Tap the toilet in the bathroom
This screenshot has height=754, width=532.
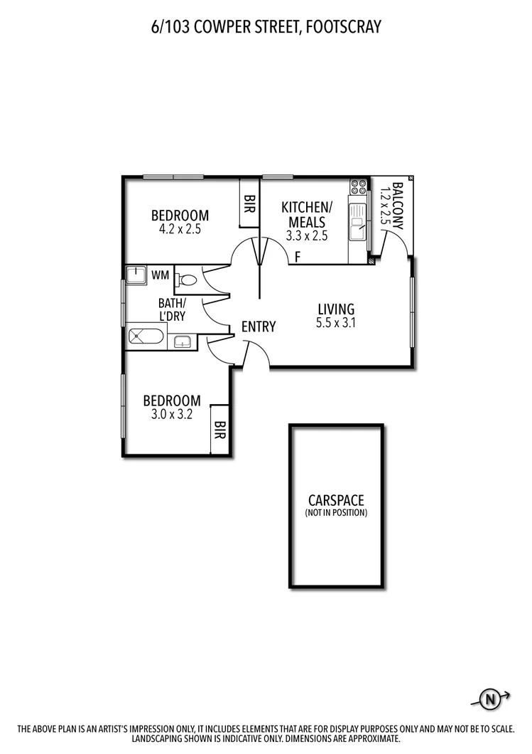pos(186,279)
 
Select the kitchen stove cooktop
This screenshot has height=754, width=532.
pos(359,187)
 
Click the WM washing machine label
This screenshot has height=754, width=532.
pos(160,275)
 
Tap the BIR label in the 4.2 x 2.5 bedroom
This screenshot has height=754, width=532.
pos(249,210)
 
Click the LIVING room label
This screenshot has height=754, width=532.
pos(335,309)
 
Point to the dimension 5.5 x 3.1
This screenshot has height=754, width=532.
pos(335,323)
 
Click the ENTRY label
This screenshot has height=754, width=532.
pos(258,326)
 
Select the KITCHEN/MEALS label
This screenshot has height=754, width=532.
pos(307,214)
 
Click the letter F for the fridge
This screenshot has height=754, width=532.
pos(298,256)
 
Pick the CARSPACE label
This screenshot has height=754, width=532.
pos(336,501)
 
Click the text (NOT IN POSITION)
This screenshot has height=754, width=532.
pos(336,513)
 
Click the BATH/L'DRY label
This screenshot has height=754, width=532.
pos(172,309)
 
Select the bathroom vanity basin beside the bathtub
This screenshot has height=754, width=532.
pos(183,341)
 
